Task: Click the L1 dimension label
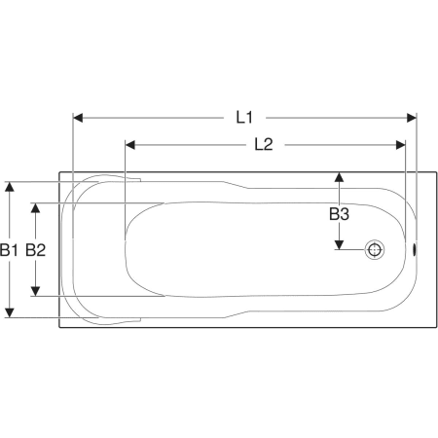pyautogui.click(x=244, y=118)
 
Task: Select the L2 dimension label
pyautogui.click(x=264, y=144)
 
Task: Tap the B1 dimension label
pyautogui.click(x=9, y=250)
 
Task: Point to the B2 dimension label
pyautogui.click(x=36, y=250)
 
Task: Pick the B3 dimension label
pyautogui.click(x=339, y=214)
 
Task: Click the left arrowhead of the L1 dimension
pyautogui.click(x=78, y=118)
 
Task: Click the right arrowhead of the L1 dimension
pyautogui.click(x=412, y=118)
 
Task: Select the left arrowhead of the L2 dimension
pyautogui.click(x=130, y=145)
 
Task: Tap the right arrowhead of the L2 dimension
pyautogui.click(x=401, y=145)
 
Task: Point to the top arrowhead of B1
pyautogui.click(x=10, y=187)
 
